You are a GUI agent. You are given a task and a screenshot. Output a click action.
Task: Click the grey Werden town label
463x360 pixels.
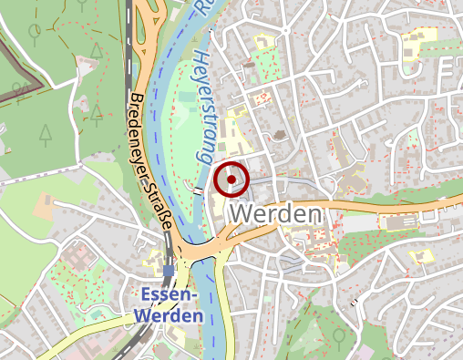tap(278, 214)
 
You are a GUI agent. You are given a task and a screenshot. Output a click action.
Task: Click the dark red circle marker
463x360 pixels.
tap(231, 180)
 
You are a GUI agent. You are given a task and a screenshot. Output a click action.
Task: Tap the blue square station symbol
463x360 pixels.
tap(170, 271)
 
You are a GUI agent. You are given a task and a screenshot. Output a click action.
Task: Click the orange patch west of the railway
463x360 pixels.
tap(46, 206)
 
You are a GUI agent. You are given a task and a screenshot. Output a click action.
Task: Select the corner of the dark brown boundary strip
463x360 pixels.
tap(40, 86)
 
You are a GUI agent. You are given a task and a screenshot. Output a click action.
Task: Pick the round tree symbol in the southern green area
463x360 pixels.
tap(338, 336)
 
